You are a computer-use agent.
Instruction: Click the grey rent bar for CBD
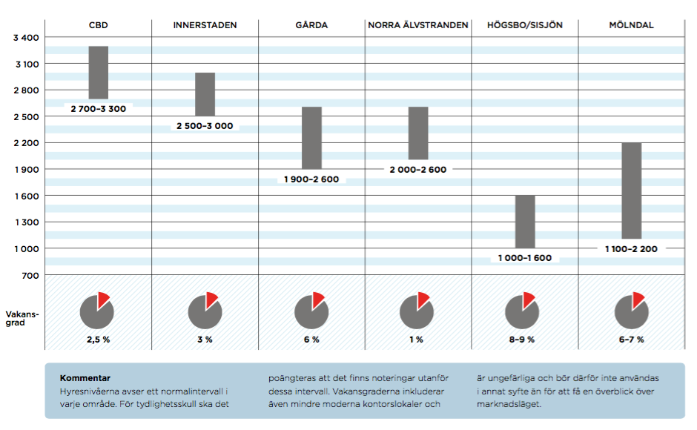(99, 73)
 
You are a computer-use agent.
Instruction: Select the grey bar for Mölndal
(631, 191)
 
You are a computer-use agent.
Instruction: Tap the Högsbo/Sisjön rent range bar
(525, 222)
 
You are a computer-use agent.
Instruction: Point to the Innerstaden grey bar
(205, 94)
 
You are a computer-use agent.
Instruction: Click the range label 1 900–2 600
(311, 179)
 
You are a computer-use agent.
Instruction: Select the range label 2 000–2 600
(418, 170)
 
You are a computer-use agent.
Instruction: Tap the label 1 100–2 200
(631, 249)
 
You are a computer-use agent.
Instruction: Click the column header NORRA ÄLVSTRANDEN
(418, 25)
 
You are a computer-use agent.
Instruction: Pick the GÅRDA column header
(311, 25)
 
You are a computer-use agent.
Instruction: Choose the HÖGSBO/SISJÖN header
(525, 25)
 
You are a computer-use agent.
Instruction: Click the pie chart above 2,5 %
(97, 311)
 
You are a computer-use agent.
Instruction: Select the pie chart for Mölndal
(631, 311)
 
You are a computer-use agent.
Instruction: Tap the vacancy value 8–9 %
(525, 340)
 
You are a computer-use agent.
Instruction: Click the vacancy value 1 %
(417, 340)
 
